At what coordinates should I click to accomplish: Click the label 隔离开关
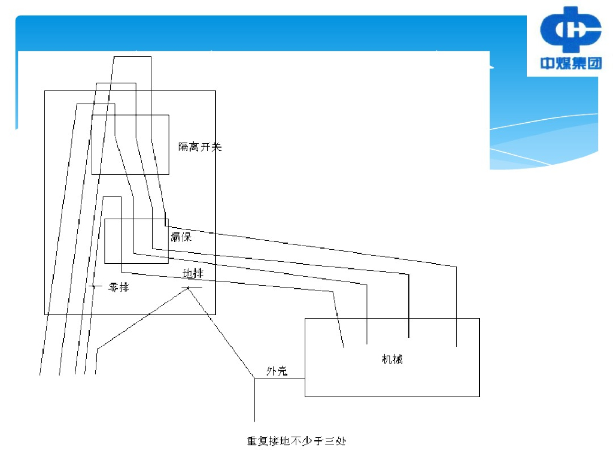coord(200,147)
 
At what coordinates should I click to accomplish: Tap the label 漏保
coord(181,237)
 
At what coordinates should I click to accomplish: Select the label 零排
coord(119,287)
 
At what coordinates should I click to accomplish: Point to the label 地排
coord(193,274)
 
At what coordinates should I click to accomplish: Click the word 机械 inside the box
coord(392,359)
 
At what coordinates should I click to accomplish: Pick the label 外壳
coord(277,372)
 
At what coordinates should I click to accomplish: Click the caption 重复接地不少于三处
coord(297,442)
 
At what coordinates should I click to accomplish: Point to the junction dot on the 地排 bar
coord(189,288)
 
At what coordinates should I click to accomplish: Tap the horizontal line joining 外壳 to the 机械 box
coord(280,379)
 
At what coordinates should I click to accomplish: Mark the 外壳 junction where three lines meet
coord(255,379)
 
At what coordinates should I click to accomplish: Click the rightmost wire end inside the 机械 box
coord(457,346)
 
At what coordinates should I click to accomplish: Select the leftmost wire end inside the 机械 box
coord(344,346)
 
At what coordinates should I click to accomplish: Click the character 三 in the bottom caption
coord(328,442)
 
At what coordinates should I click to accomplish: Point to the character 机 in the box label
coord(387,359)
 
